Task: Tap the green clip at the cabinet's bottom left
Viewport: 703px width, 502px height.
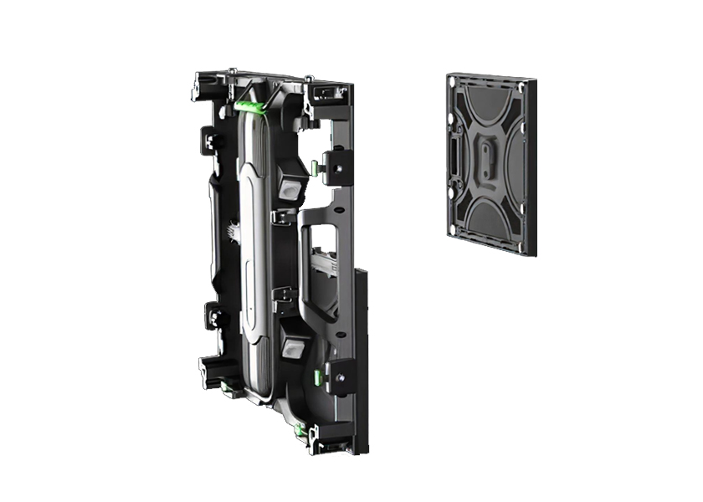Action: point(227,387)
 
